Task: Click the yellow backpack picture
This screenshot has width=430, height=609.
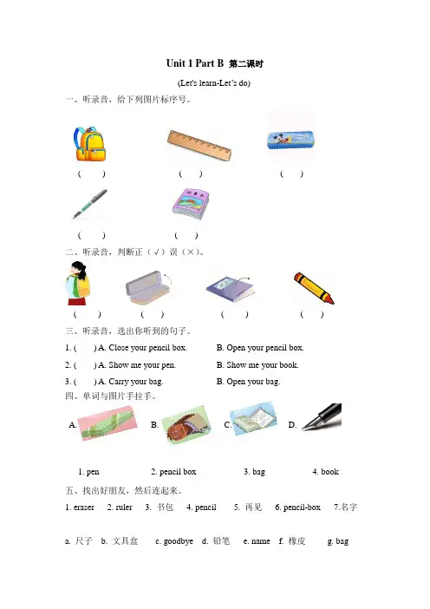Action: (x=89, y=144)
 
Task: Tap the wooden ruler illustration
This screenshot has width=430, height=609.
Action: (x=199, y=146)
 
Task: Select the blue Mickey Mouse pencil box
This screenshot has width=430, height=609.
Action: (x=290, y=140)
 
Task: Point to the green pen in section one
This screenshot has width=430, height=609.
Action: (x=89, y=204)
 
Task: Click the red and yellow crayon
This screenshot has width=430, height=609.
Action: (x=314, y=288)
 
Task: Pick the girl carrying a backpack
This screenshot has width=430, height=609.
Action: (x=78, y=283)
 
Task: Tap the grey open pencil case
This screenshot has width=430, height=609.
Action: (x=148, y=288)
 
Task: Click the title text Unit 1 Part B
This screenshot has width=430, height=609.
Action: (x=195, y=63)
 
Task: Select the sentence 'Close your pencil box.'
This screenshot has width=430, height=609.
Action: (x=147, y=348)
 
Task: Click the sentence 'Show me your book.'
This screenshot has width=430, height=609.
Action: (x=263, y=365)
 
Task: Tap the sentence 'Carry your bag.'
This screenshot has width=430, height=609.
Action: (x=136, y=382)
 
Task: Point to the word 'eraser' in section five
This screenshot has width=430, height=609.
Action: (x=84, y=507)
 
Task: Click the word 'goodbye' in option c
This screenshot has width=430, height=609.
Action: (x=178, y=541)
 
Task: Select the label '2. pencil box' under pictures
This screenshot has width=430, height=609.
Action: (x=173, y=472)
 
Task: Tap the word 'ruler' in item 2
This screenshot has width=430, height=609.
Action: (x=124, y=507)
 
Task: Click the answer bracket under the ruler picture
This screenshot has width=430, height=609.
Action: (x=190, y=174)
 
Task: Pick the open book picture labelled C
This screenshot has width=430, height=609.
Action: (x=254, y=419)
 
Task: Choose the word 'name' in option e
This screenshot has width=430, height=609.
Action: (x=261, y=541)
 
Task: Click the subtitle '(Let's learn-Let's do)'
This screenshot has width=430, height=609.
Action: (x=214, y=83)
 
